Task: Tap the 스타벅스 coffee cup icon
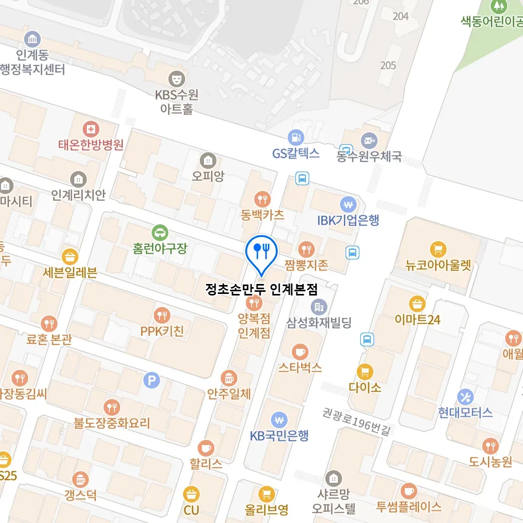(x=300, y=350)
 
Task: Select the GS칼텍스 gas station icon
(x=296, y=137)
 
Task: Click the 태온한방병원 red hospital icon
(x=92, y=129)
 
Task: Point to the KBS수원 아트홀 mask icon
(x=177, y=79)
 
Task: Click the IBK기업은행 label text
(x=348, y=220)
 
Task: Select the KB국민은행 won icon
(x=279, y=419)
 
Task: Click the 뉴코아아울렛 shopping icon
(x=438, y=249)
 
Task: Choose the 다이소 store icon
(x=365, y=372)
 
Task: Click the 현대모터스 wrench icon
(x=465, y=396)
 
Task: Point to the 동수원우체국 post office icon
(x=369, y=140)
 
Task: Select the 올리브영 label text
(x=267, y=509)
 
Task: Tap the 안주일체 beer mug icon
(x=229, y=377)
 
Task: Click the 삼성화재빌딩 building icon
(x=318, y=306)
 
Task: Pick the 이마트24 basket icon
(x=417, y=303)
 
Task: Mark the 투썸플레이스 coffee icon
(x=408, y=491)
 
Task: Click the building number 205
(x=388, y=65)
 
